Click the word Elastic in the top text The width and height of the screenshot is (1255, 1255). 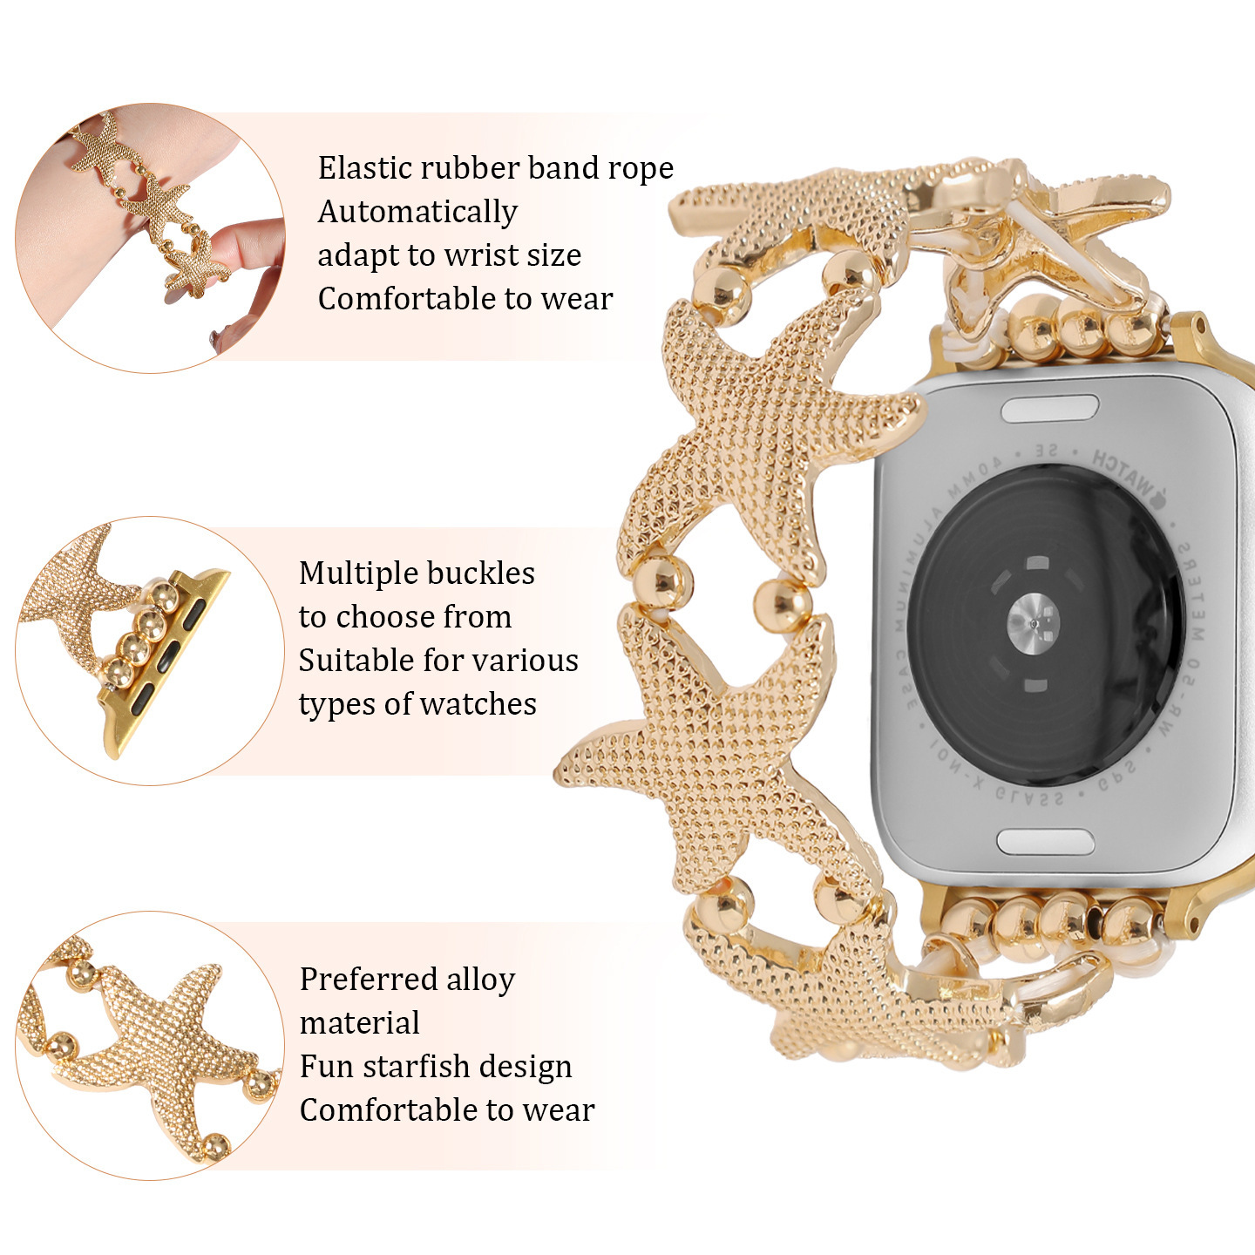pyautogui.click(x=360, y=167)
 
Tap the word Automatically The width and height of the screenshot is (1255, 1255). pyautogui.click(x=417, y=212)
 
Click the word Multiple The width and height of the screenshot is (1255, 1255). pyautogui.click(x=352, y=573)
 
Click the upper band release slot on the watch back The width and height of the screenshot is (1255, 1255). pyautogui.click(x=1049, y=408)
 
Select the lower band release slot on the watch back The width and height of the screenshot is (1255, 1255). pyautogui.click(x=1045, y=842)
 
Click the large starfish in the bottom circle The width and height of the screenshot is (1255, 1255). pyautogui.click(x=166, y=1046)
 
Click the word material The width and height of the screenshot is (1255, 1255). pyautogui.click(x=359, y=1023)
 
